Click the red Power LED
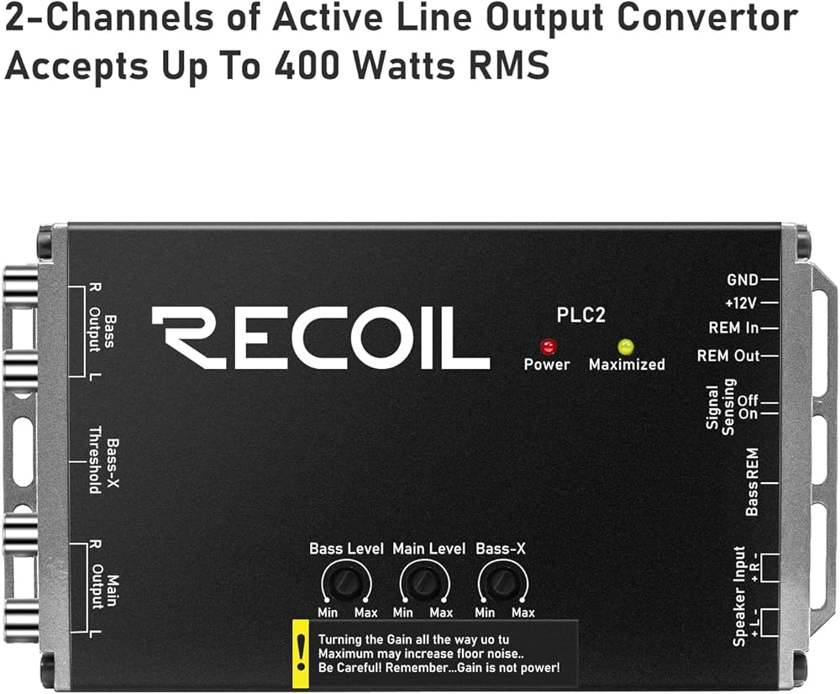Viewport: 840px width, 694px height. coord(549,346)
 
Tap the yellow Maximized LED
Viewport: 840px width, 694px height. coord(624,346)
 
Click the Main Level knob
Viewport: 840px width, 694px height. coord(422,581)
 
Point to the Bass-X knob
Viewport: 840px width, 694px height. coord(501,581)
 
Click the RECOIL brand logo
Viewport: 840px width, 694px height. coord(320,338)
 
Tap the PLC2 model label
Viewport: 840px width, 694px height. coord(581,316)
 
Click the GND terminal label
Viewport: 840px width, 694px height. coord(742,280)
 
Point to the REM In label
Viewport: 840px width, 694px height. coord(732,329)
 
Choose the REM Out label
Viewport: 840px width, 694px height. coord(727,355)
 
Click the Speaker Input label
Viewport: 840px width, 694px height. coord(739,596)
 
